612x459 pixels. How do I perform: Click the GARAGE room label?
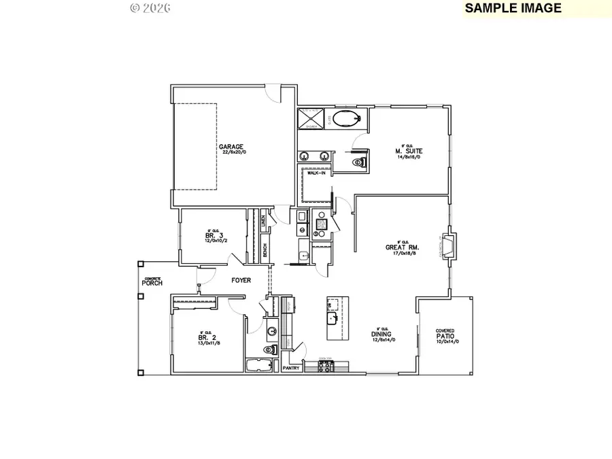[x=232, y=146]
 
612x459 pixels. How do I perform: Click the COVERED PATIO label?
[x=446, y=333]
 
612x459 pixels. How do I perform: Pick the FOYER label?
[x=241, y=279]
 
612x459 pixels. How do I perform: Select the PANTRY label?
[x=292, y=368]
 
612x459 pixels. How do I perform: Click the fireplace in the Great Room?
[x=450, y=245]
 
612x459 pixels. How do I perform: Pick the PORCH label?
[x=152, y=282]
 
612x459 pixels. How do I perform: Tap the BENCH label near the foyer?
[x=264, y=251]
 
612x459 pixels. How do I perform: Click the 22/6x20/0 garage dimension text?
[x=232, y=152]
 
